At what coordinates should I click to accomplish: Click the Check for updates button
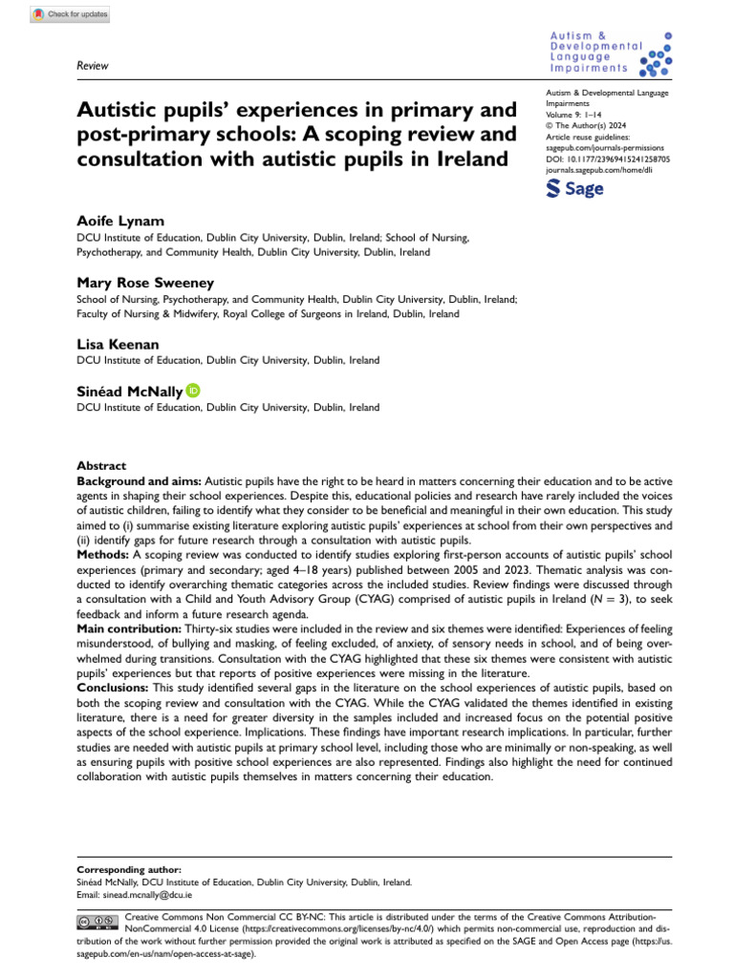71,14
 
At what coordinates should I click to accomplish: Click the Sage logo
574,188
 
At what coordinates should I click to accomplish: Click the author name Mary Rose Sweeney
145,282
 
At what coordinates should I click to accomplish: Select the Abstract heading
100,465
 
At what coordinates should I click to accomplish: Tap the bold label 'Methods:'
103,554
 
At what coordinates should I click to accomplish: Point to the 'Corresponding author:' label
128,870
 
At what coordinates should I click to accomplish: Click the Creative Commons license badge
97,920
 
